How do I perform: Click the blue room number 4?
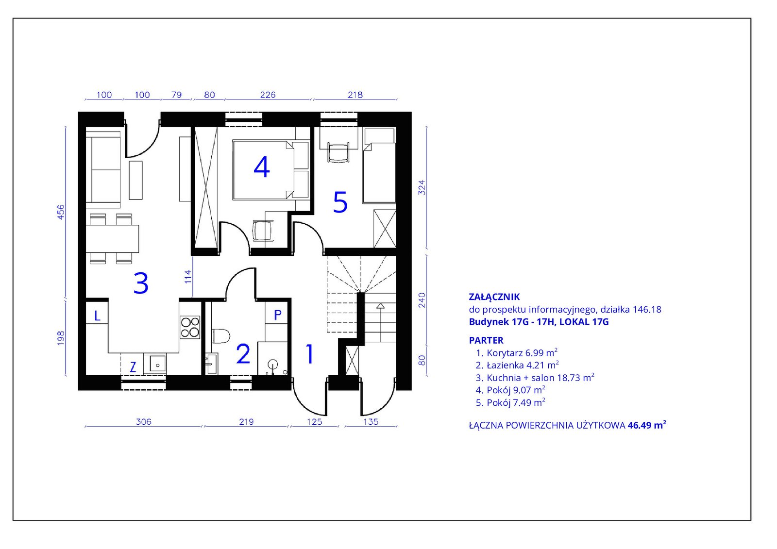pyautogui.click(x=262, y=167)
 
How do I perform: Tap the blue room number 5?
pyautogui.click(x=340, y=202)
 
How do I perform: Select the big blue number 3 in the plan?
pyautogui.click(x=141, y=283)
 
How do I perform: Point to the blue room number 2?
pyautogui.click(x=243, y=354)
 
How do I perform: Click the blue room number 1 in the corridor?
pyautogui.click(x=310, y=354)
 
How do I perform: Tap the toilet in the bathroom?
pyautogui.click(x=220, y=336)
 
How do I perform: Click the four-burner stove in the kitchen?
pyautogui.click(x=190, y=327)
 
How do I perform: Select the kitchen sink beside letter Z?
pyautogui.click(x=155, y=364)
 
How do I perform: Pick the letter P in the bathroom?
pyautogui.click(x=277, y=315)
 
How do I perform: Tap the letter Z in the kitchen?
pyautogui.click(x=133, y=367)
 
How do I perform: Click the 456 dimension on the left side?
pyautogui.click(x=61, y=212)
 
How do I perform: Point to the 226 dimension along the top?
pyautogui.click(x=268, y=94)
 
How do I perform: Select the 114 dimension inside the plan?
pyautogui.click(x=188, y=277)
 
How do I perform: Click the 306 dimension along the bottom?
pyautogui.click(x=144, y=422)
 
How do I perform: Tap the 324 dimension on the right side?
pyautogui.click(x=422, y=188)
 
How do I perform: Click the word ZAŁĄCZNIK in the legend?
pyautogui.click(x=494, y=297)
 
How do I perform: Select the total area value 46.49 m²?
pyautogui.click(x=647, y=425)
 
